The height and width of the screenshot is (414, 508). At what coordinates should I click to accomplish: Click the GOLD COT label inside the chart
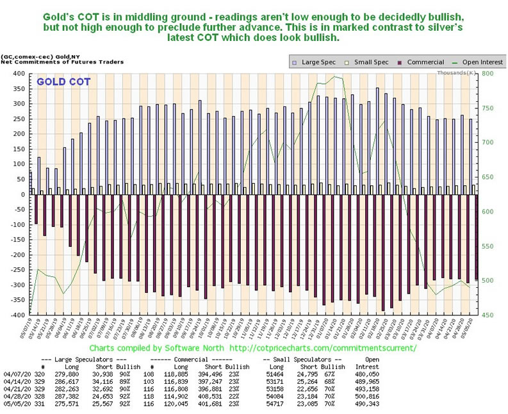pos(63,82)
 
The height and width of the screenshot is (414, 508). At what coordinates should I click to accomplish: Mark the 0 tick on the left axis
pos(22,194)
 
